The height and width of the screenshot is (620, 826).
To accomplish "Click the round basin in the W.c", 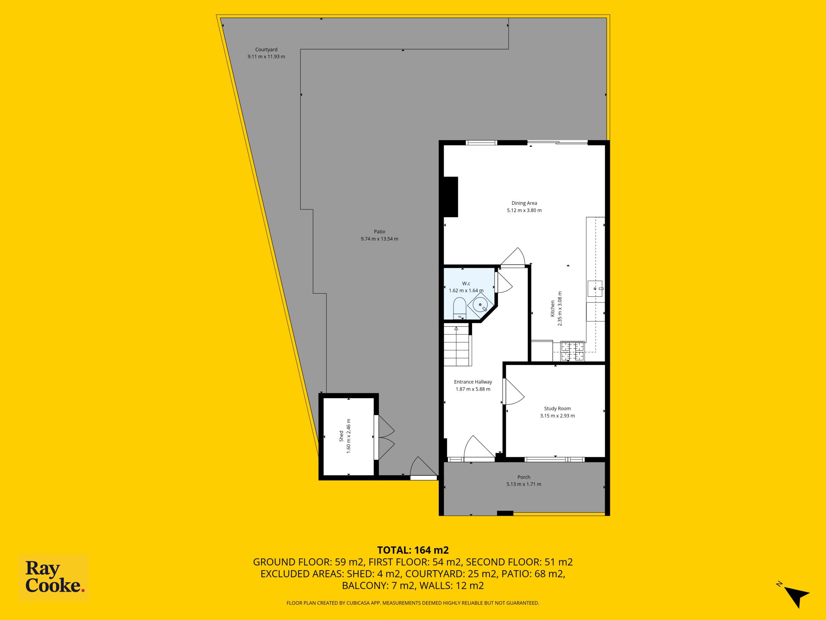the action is tap(480, 305).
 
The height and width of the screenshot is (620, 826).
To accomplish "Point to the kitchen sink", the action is tap(595, 288).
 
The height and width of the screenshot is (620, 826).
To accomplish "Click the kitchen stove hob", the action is tap(572, 352).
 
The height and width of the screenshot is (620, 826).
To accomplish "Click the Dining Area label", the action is tap(524, 203).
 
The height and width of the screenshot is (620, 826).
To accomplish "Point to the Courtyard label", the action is tap(266, 50).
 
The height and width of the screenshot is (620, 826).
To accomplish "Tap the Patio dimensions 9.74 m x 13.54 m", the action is tap(379, 239).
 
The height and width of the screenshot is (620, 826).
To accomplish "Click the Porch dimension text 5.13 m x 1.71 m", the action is tap(524, 484).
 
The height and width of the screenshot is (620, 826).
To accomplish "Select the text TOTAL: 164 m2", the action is tap(413, 550).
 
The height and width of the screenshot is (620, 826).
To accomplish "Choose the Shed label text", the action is tap(341, 436).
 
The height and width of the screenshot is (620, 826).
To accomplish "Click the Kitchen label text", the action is tap(553, 309).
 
